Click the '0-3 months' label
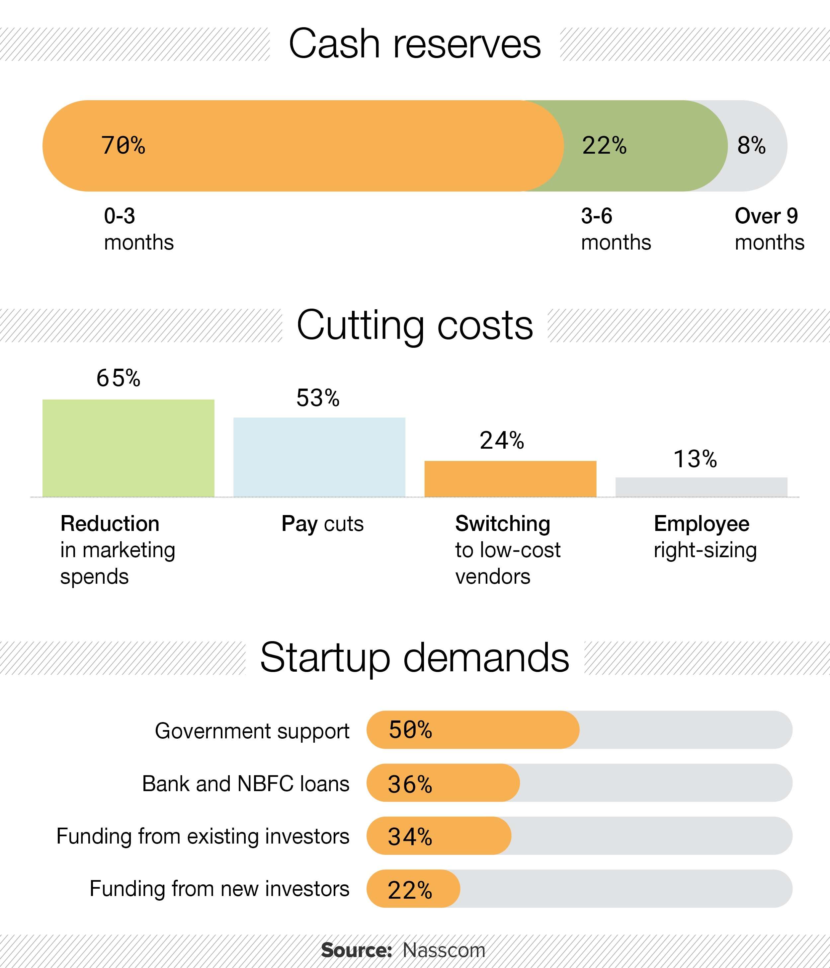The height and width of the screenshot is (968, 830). click(138, 229)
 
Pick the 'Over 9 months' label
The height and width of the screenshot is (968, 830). click(769, 229)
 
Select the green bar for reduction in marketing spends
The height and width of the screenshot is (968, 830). click(128, 448)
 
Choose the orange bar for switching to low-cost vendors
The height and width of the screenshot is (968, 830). click(510, 479)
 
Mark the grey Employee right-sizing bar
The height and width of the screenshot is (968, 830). click(701, 486)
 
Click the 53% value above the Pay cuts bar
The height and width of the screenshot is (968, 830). click(318, 398)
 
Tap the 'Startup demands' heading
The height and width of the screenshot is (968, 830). click(415, 658)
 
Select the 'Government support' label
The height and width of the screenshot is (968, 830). click(252, 731)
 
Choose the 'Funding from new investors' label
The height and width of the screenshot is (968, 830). click(219, 889)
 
